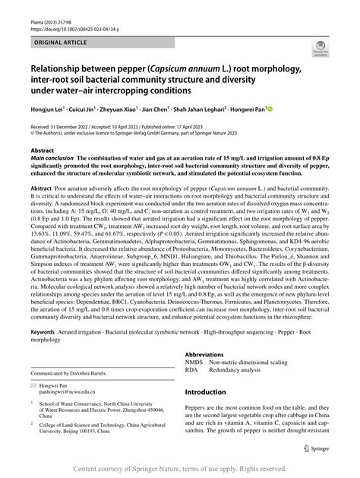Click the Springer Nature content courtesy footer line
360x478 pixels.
point(179,469)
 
